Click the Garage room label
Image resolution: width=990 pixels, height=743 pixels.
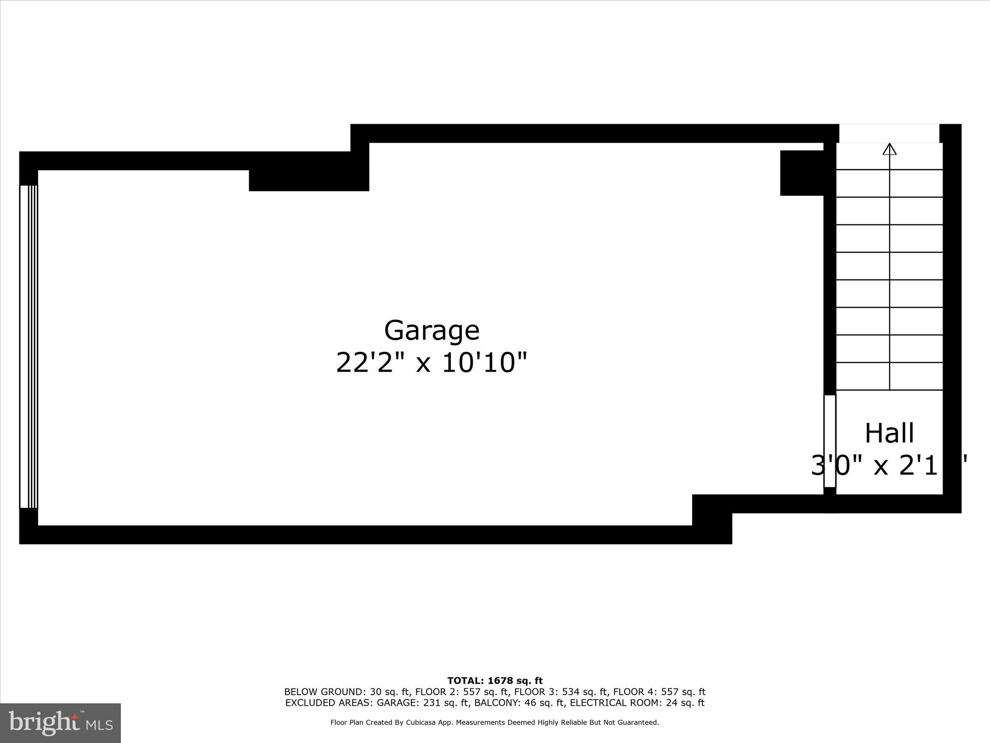click(432, 330)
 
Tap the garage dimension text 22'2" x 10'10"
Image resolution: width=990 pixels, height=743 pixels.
click(432, 363)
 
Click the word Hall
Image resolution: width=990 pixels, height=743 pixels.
click(889, 433)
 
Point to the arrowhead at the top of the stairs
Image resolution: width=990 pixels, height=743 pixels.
click(889, 149)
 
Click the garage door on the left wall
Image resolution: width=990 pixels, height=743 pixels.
click(29, 346)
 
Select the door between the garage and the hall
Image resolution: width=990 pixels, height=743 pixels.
click(830, 441)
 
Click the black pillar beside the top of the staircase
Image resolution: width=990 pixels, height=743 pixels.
click(802, 173)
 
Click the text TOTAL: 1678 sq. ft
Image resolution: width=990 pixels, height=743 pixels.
click(495, 681)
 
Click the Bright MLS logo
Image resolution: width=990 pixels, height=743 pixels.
click(60, 723)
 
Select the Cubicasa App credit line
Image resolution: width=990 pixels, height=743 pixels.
click(495, 723)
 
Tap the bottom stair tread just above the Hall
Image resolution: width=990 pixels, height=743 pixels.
click(889, 376)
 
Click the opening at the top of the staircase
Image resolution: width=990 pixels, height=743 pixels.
click(889, 133)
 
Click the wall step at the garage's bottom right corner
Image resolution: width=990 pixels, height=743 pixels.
click(712, 519)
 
